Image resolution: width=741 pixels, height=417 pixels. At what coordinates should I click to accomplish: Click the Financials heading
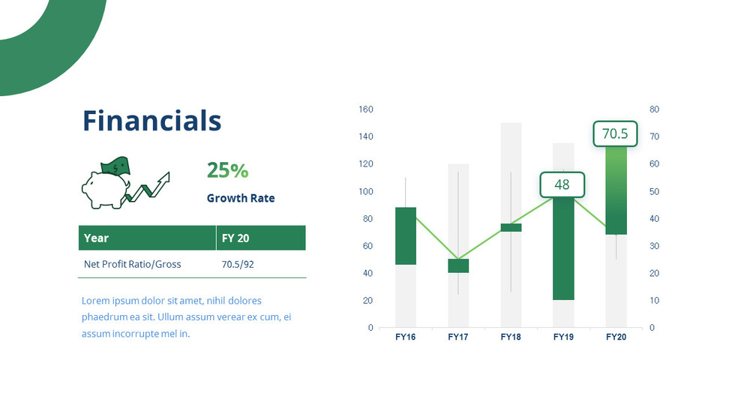click(x=151, y=121)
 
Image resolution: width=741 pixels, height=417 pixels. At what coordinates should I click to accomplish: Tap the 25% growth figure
click(x=227, y=171)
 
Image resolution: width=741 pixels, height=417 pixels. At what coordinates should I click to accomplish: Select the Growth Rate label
click(x=241, y=199)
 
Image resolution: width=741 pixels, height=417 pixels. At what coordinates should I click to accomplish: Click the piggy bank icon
click(x=106, y=187)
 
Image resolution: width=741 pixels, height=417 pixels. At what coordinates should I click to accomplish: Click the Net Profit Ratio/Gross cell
click(x=132, y=264)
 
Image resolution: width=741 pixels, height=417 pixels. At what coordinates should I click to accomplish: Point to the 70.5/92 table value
click(x=237, y=264)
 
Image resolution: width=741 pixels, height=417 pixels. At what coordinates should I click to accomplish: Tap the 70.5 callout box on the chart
click(x=615, y=134)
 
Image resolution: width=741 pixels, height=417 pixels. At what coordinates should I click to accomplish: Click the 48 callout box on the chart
click(x=562, y=184)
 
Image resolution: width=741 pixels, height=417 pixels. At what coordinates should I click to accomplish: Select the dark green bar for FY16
click(x=405, y=235)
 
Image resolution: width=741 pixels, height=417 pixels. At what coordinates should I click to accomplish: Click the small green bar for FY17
click(x=458, y=265)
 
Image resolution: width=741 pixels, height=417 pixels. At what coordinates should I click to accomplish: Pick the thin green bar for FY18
click(x=511, y=227)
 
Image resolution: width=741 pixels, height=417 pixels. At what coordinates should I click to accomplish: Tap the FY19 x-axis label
click(x=563, y=337)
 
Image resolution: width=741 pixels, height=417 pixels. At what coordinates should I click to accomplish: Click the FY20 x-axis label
click(x=616, y=337)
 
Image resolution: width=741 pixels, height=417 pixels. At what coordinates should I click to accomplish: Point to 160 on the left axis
click(x=365, y=109)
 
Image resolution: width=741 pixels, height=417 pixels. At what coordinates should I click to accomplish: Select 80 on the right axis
click(x=653, y=109)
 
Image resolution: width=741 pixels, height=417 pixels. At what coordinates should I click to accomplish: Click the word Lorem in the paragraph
click(x=95, y=301)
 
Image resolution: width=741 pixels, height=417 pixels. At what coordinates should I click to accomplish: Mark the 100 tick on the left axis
click(x=365, y=191)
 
